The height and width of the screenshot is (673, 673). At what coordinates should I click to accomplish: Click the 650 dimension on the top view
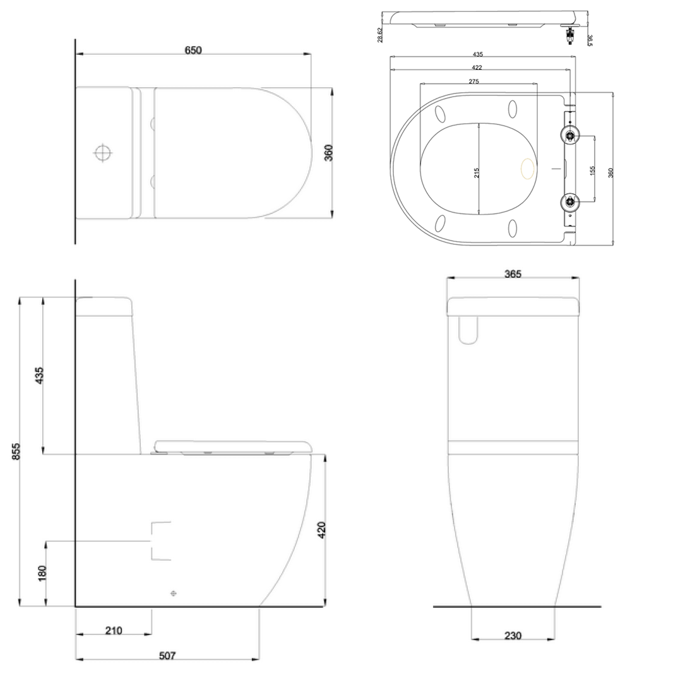(193, 51)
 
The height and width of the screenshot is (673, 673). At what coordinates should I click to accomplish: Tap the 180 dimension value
(42, 573)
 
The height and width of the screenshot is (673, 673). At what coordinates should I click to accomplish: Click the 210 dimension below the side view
(114, 630)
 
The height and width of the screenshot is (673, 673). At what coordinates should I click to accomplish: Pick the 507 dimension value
(167, 656)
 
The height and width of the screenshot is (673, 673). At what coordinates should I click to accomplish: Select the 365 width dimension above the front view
(512, 274)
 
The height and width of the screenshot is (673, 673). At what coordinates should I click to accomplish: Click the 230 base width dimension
(513, 635)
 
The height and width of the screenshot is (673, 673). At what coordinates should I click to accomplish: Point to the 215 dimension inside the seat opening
(477, 172)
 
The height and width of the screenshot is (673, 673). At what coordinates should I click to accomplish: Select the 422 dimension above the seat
(477, 68)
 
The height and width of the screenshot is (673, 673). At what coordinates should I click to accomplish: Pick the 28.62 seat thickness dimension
(379, 35)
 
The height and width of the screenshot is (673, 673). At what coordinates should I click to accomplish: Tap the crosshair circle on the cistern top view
(102, 153)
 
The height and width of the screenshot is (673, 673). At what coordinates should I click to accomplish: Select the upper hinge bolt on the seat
(570, 134)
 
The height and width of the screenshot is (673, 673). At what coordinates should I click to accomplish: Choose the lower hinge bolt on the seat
(570, 202)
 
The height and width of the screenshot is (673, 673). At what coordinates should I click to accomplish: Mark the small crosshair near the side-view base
(174, 593)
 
